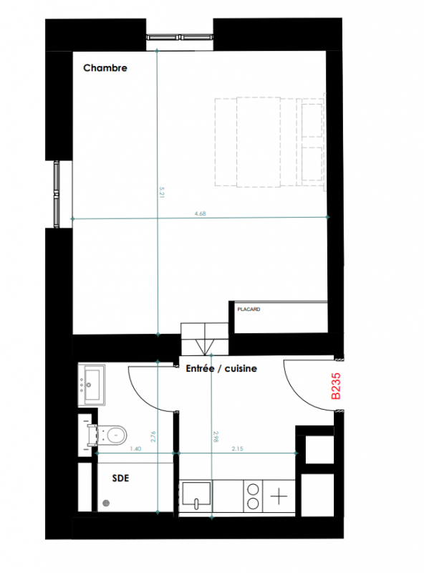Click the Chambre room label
[105, 68]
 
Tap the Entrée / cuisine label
[221, 368]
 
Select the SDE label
[120, 478]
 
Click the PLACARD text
[249, 309]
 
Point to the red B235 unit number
[336, 386]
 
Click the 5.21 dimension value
[162, 193]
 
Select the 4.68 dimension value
[201, 213]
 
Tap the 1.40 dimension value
[135, 449]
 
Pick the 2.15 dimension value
[237, 449]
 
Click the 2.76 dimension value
[153, 437]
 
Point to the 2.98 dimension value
[216, 437]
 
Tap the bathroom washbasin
[92, 385]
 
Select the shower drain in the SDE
[106, 504]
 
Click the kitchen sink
[196, 494]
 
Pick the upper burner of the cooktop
[253, 489]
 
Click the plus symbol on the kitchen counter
[279, 496]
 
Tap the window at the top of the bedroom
[180, 37]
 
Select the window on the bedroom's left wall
[57, 194]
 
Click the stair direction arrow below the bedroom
[204, 347]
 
